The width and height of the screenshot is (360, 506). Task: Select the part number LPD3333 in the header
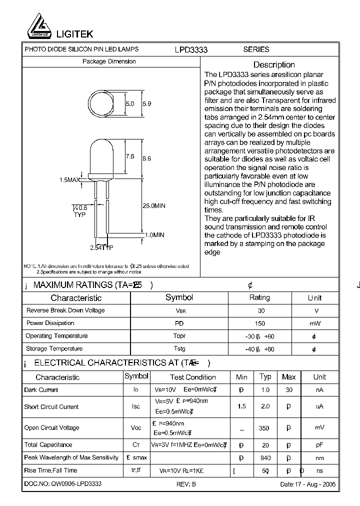[x=191, y=49]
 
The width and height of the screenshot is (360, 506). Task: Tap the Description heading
[x=274, y=64]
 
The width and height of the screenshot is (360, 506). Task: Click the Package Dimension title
[x=109, y=61]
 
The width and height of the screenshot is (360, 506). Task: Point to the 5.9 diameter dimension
[x=147, y=104]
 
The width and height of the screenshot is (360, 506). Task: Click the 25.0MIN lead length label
[x=153, y=205]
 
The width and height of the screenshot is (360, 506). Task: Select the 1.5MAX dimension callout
[x=70, y=179]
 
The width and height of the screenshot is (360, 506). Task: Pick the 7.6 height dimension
[x=129, y=156]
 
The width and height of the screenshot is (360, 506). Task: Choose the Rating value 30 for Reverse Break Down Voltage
[x=261, y=310]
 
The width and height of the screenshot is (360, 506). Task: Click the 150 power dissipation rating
[x=260, y=323]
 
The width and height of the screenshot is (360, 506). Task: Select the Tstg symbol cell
[x=179, y=349]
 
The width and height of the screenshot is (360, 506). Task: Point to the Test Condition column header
[x=193, y=377]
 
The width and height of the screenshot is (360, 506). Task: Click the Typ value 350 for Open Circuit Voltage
[x=264, y=428]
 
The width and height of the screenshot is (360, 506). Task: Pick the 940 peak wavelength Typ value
[x=265, y=457]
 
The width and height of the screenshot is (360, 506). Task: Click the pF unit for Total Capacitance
[x=319, y=445]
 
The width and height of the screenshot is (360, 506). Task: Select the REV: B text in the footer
[x=186, y=484]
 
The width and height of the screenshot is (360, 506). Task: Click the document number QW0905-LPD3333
[x=63, y=484]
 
